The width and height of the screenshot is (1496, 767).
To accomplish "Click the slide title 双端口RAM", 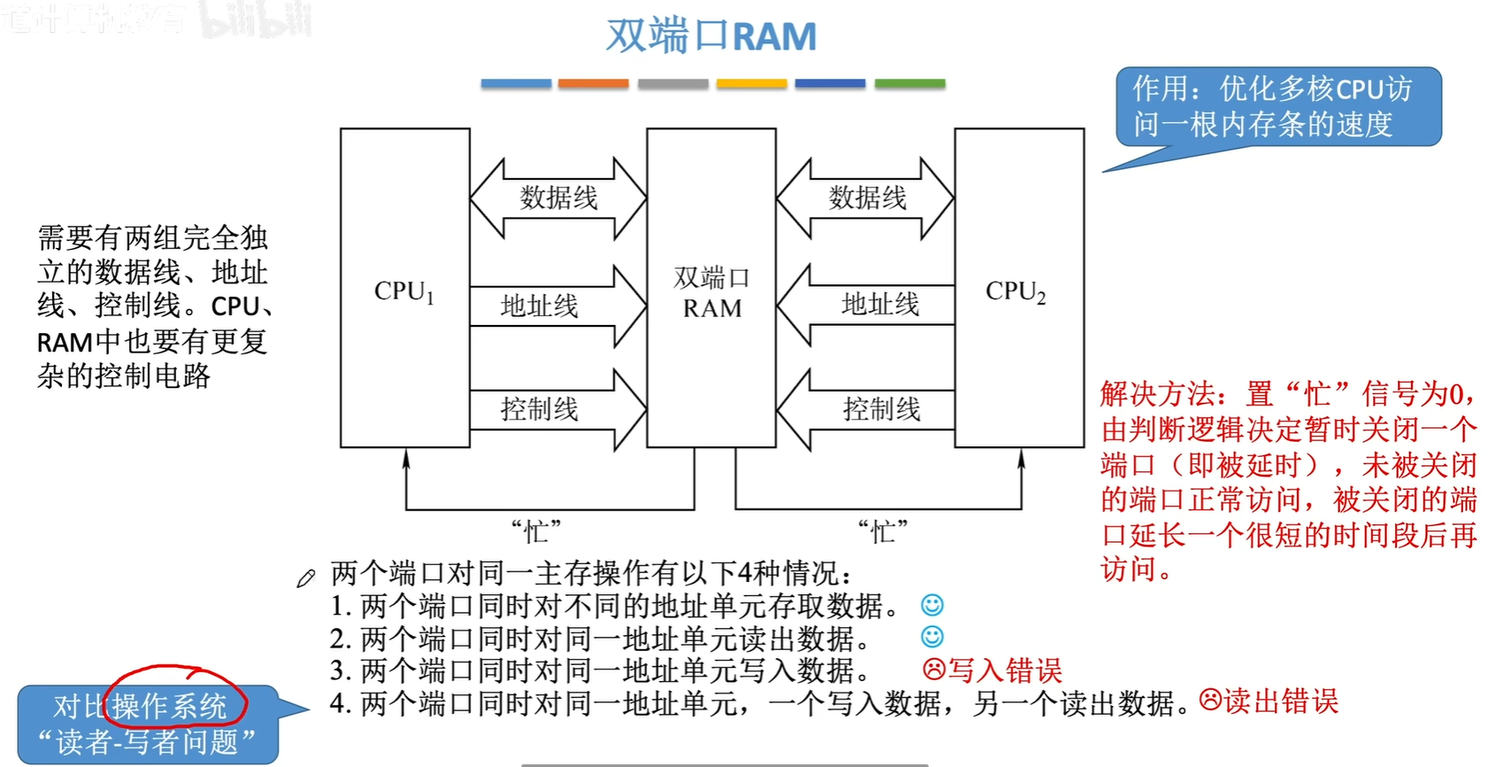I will click(710, 36).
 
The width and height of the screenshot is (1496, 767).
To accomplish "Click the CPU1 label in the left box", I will click(404, 291).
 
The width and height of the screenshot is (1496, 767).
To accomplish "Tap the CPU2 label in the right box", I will click(1015, 291).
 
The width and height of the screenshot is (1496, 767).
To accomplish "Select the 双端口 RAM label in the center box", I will click(712, 293).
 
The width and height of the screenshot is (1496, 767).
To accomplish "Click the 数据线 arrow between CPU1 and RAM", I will click(559, 198).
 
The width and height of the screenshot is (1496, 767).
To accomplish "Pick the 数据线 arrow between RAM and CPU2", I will click(867, 198).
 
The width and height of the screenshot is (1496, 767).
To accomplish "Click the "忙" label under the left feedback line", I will click(536, 532).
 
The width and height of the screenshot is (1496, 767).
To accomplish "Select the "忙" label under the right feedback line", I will click(883, 532).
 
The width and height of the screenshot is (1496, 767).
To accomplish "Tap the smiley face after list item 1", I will click(932, 605).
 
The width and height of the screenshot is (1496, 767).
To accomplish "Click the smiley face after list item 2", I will click(932, 637).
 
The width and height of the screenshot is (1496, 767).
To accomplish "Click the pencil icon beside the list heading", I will click(306, 579).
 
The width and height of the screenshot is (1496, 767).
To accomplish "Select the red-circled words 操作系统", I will click(171, 706).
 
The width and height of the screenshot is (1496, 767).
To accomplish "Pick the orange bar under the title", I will click(593, 83).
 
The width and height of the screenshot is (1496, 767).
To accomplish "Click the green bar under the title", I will click(909, 83).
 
